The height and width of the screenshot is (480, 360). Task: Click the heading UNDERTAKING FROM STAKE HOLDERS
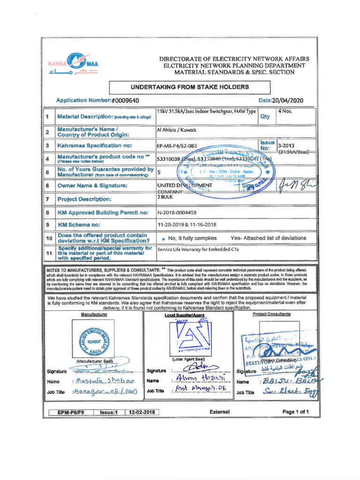(x=189, y=87)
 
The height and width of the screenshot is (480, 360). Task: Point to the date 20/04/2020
(x=287, y=100)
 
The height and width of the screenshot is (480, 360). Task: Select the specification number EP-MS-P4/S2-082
(x=177, y=146)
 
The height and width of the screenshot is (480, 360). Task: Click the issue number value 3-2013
(x=286, y=145)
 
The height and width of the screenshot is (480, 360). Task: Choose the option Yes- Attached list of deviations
(x=268, y=238)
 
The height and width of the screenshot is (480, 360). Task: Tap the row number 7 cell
(x=47, y=199)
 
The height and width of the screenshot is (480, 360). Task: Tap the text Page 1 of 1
(x=296, y=412)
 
